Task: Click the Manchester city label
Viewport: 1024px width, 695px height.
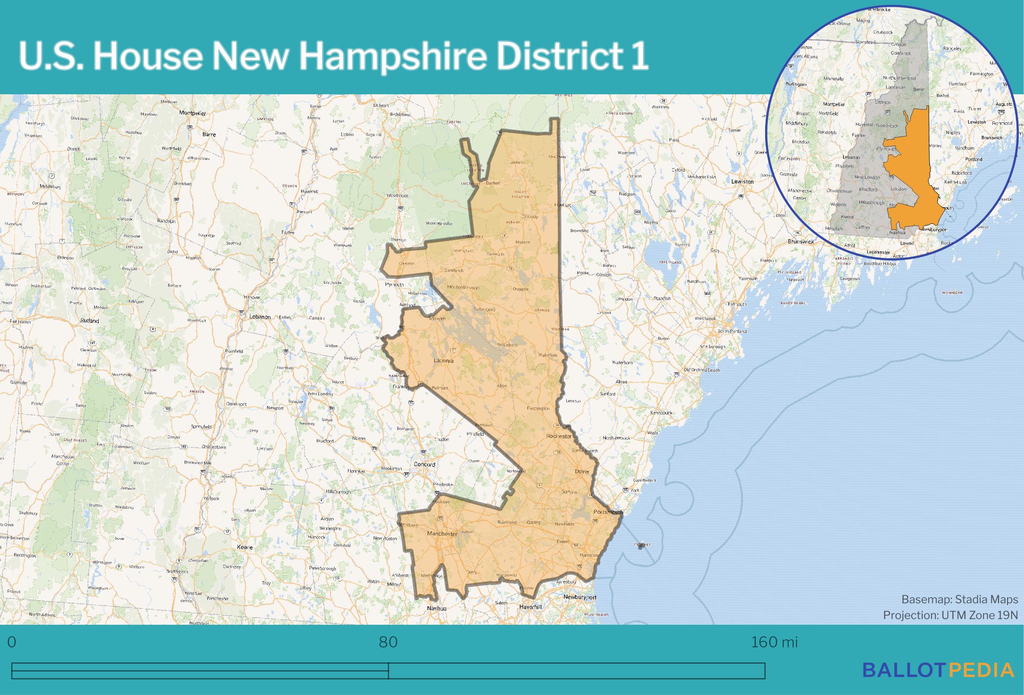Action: pyautogui.click(x=442, y=534)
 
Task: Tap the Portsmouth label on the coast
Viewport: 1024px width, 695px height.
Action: pyautogui.click(x=608, y=512)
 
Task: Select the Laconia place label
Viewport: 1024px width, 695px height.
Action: pyautogui.click(x=443, y=361)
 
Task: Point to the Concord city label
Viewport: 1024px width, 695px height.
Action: pyautogui.click(x=424, y=464)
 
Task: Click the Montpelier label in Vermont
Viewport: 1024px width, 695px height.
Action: pyautogui.click(x=193, y=113)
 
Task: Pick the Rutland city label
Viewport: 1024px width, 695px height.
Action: pyautogui.click(x=89, y=321)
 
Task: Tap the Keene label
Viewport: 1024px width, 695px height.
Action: pyautogui.click(x=245, y=547)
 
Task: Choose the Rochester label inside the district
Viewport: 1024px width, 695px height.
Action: pyautogui.click(x=559, y=436)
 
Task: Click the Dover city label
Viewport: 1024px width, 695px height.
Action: pyautogui.click(x=582, y=471)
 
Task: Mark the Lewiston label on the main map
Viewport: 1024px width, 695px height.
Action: pyautogui.click(x=742, y=181)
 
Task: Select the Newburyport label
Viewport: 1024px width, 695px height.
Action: pyautogui.click(x=580, y=597)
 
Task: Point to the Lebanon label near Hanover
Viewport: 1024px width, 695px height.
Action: pyautogui.click(x=260, y=317)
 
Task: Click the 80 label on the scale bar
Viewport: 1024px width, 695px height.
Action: pyautogui.click(x=388, y=642)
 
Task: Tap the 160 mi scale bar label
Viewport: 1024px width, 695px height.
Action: pyautogui.click(x=774, y=642)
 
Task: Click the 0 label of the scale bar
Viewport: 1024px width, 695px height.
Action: pyautogui.click(x=12, y=642)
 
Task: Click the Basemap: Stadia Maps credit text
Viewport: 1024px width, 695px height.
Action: pyautogui.click(x=959, y=599)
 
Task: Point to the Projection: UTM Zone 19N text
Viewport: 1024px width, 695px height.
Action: pyautogui.click(x=950, y=615)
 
